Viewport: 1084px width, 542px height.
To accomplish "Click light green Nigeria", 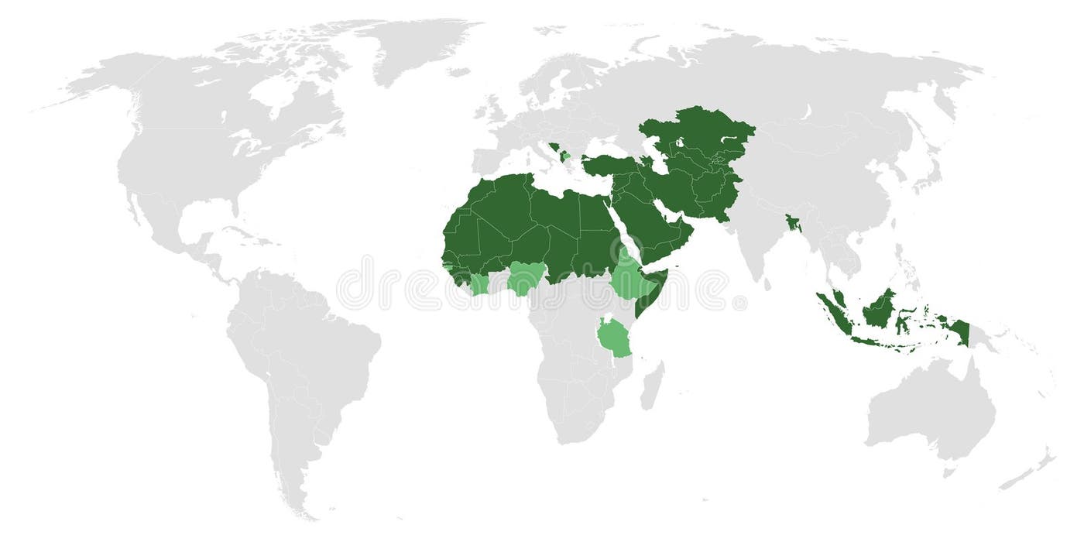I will click(527, 279).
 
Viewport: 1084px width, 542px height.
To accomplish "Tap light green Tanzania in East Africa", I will click(616, 338).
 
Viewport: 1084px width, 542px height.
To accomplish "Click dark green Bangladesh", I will click(791, 225).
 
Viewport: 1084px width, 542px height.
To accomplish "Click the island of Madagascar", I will click(652, 386).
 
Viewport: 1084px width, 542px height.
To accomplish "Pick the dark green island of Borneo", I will click(879, 310).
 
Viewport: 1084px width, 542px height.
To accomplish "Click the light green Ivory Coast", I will click(479, 284).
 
